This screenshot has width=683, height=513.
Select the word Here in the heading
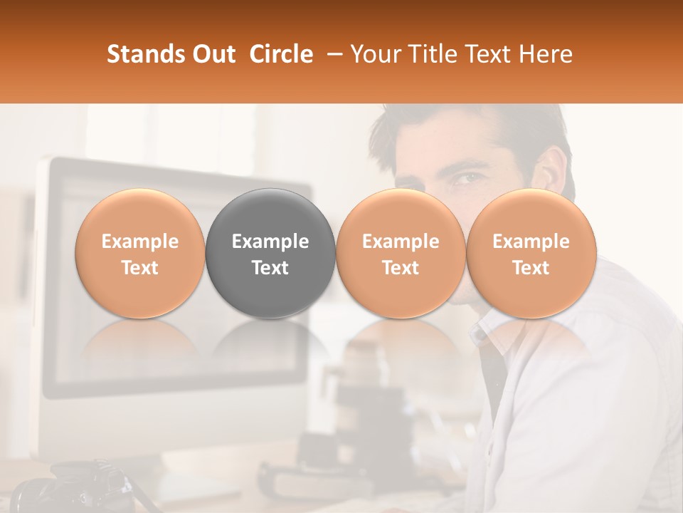pos(546,54)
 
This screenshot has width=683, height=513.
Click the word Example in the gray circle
pos(270,242)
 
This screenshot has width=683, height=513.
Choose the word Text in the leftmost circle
pos(140,268)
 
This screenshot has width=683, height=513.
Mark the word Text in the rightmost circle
pos(531,268)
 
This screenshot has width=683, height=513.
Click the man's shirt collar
pos(491,324)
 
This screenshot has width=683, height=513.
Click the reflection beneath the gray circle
pos(270,342)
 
